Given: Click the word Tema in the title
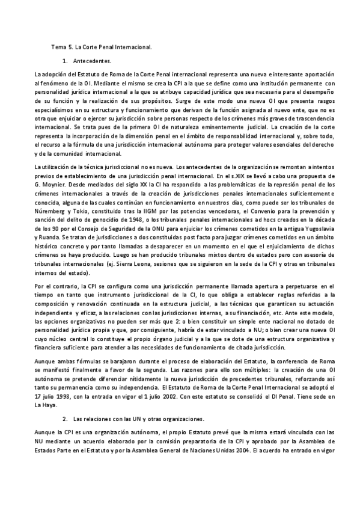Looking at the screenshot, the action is coord(59,46).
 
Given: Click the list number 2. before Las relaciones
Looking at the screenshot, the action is coord(64,418).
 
